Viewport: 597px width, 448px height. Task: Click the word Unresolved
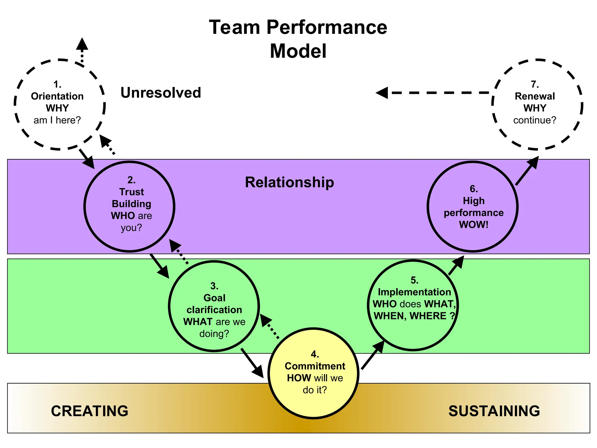161,93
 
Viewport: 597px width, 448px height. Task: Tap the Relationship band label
289,182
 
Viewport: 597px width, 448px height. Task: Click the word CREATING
89,411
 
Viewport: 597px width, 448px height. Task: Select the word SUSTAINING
494,411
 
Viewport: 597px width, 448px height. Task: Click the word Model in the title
298,51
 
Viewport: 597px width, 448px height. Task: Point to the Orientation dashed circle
59,104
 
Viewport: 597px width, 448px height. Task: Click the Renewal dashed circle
537,104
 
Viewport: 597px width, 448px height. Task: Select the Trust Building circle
129,206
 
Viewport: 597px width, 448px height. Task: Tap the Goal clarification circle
214,306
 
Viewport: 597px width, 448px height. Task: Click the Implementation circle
413,305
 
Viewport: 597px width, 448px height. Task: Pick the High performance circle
473,206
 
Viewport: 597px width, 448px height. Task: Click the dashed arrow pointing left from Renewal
431,93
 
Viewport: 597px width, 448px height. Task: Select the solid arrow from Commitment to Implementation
373,355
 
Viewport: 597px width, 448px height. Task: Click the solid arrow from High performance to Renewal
527,171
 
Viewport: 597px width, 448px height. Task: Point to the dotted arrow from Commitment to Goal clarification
270,327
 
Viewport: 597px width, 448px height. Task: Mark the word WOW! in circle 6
473,225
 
